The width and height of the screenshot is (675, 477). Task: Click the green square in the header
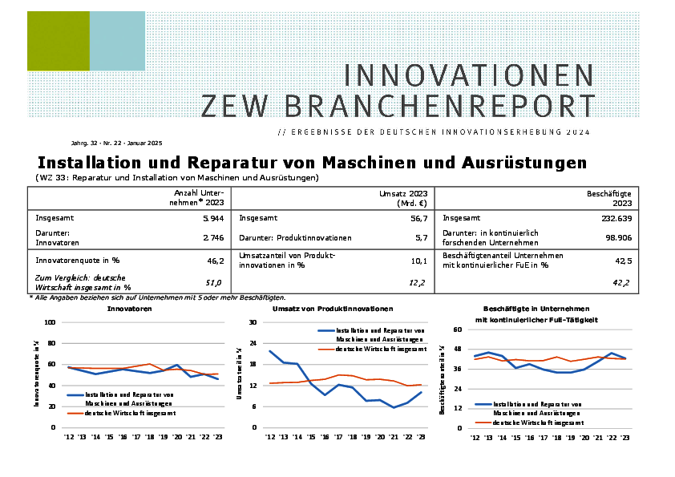click(x=58, y=41)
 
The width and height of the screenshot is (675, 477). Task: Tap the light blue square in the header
click(x=117, y=41)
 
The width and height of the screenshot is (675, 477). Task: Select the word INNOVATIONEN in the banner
click(x=469, y=75)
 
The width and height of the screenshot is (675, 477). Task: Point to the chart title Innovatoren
click(x=129, y=308)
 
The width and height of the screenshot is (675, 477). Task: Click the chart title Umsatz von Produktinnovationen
click(x=333, y=308)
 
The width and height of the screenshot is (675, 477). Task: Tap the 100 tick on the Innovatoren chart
click(x=49, y=322)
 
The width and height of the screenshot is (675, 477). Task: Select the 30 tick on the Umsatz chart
click(x=252, y=322)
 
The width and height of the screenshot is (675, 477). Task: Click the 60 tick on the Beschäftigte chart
click(x=458, y=329)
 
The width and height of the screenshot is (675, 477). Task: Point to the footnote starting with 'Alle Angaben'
click(x=157, y=297)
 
